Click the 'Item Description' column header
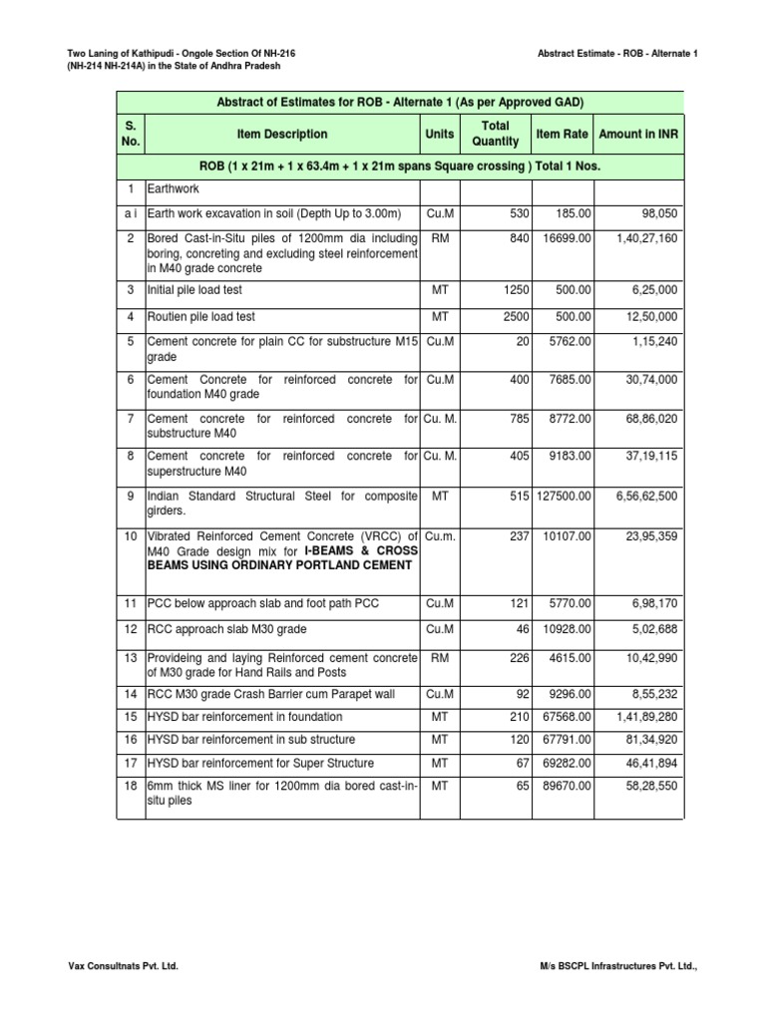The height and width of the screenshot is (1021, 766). pos(281,134)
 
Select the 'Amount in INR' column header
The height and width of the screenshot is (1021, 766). pos(638,134)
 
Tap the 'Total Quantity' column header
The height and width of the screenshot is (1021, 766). pos(495,134)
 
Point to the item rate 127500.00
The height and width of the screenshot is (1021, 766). pos(562,496)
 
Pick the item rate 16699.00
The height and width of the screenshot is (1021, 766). pos(565,238)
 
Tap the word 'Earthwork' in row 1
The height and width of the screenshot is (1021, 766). pos(176,187)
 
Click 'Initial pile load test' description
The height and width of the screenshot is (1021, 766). pos(194,290)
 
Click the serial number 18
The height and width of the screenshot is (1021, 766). pos(131,786)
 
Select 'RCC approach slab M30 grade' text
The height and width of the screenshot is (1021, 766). pos(226,629)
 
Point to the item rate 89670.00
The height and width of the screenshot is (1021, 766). pos(565,786)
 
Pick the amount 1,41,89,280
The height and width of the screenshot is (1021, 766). pos(647,717)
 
